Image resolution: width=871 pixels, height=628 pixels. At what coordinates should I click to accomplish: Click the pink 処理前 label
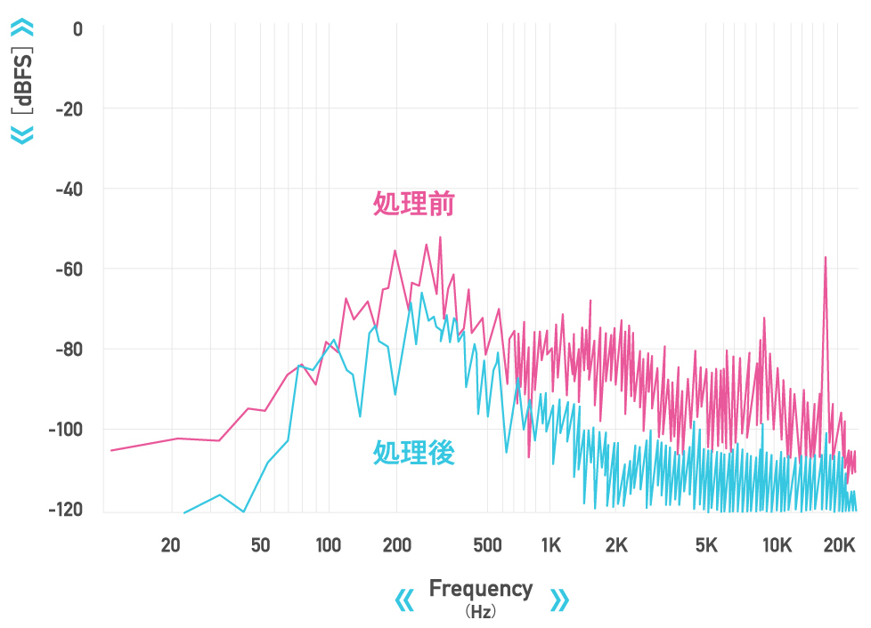click(414, 205)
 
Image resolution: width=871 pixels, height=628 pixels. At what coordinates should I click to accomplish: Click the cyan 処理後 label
click(414, 453)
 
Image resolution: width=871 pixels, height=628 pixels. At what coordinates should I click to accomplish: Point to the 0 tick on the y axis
click(77, 28)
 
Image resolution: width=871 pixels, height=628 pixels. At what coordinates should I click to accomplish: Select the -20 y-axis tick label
click(69, 109)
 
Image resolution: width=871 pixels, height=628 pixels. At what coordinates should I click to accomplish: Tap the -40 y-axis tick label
click(69, 189)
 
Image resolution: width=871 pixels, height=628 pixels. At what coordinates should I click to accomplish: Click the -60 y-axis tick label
click(69, 269)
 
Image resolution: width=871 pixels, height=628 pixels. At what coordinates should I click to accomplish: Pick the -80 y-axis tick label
click(69, 349)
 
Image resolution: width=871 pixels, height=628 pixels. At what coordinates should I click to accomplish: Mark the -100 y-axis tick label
click(66, 429)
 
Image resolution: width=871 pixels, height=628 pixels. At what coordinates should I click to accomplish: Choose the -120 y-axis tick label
click(66, 509)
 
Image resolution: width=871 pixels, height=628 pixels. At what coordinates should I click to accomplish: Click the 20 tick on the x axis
click(171, 545)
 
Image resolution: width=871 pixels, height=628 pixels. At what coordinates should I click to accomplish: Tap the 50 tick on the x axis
click(260, 545)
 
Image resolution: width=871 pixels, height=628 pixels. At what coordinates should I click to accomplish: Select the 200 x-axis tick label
click(396, 545)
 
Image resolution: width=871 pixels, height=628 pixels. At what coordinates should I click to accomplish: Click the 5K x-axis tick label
click(706, 545)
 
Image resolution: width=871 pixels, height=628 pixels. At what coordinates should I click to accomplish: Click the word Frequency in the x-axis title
click(481, 588)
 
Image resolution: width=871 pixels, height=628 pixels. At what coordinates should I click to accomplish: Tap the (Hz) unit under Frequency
click(481, 612)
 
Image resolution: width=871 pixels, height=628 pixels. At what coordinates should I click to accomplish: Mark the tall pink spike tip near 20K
click(826, 257)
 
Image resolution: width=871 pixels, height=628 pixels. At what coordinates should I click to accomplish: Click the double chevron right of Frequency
click(559, 600)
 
